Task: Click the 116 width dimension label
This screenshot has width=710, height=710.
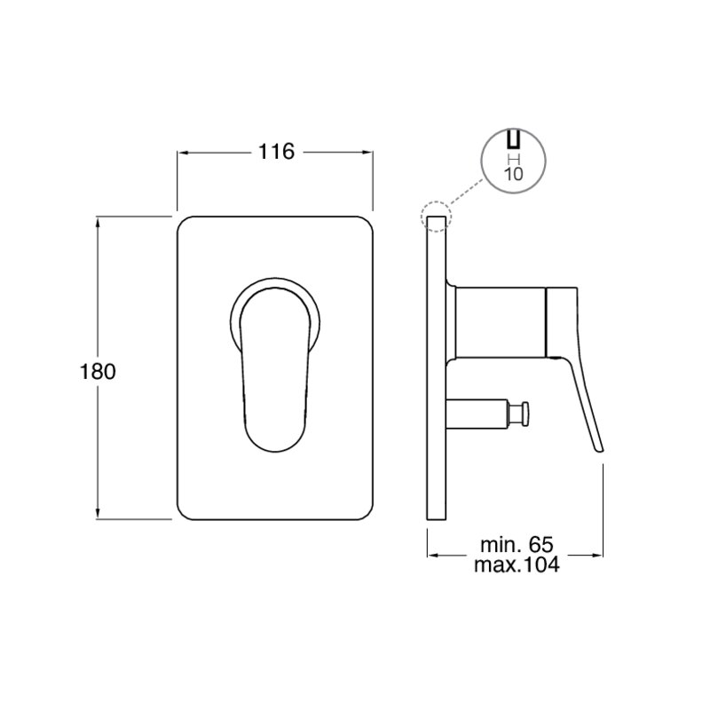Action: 276,152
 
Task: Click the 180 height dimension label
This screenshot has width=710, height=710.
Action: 98,372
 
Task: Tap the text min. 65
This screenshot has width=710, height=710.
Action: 517,545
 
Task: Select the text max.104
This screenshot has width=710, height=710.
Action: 517,564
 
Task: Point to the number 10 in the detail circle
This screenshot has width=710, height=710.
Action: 513,173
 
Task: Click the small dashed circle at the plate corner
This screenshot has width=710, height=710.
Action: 436,217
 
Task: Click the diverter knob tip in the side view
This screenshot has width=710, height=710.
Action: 525,414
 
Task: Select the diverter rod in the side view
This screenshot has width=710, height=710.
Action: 476,413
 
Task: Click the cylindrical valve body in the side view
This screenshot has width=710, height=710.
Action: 501,321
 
